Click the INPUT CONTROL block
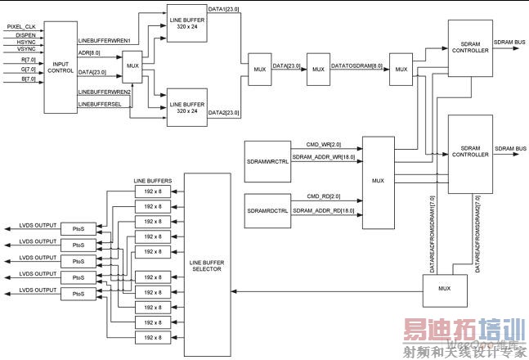click(x=61, y=66)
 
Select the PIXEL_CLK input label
click(x=22, y=26)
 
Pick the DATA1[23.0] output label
click(x=223, y=7)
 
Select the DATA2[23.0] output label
click(x=223, y=111)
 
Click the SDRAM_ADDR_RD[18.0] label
click(x=325, y=211)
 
